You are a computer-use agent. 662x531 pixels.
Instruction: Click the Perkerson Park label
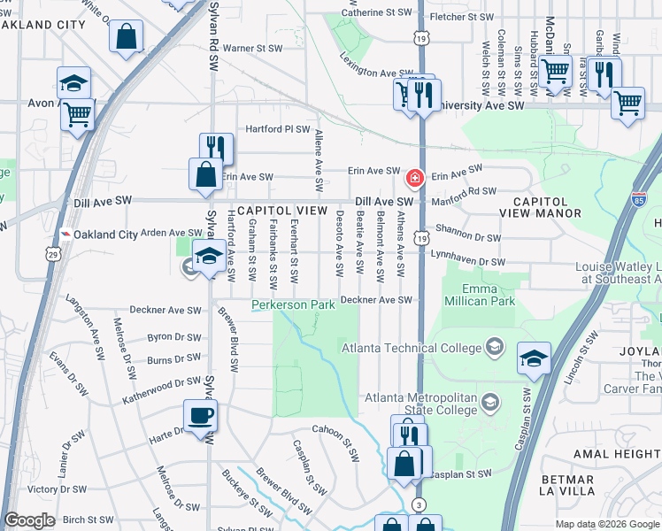coord(293,305)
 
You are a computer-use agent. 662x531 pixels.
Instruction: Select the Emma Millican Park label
coord(489,296)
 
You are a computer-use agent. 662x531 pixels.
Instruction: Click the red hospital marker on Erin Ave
coord(413,179)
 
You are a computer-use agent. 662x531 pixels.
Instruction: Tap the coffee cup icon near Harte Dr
coord(200,415)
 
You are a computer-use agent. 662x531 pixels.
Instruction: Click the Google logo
coord(29,520)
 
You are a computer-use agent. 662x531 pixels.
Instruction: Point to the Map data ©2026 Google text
coord(607,524)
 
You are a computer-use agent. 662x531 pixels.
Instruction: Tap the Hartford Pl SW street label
coord(278,129)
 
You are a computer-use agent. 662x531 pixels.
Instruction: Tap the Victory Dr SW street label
coord(57,489)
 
